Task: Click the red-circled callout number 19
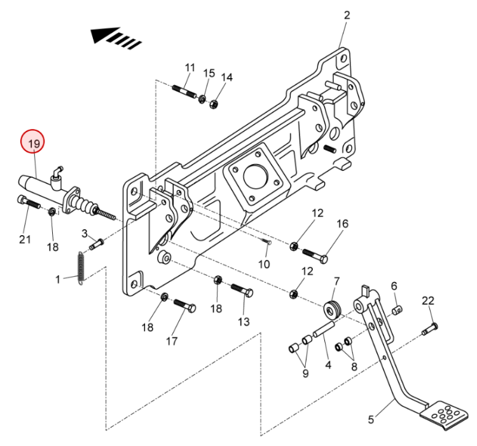[x=32, y=142]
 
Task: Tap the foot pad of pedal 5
[x=443, y=414]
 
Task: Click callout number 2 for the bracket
[x=347, y=16]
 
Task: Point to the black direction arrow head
[x=105, y=35]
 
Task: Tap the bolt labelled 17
[x=184, y=306]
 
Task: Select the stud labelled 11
[x=184, y=91]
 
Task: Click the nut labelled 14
[x=214, y=104]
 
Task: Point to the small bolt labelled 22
[x=430, y=329]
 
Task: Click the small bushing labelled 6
[x=397, y=311]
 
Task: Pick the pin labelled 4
[x=324, y=329]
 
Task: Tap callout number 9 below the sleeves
[x=306, y=373]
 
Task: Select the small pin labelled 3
[x=97, y=244]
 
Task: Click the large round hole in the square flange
[x=256, y=177]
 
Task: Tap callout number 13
[x=244, y=321]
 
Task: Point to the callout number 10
[x=264, y=264]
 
